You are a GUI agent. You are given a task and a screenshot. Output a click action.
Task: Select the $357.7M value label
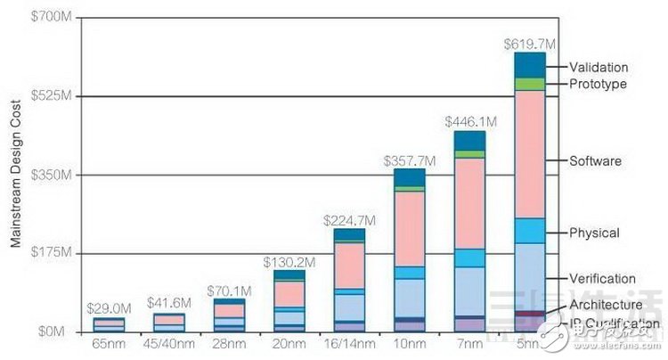click(410, 160)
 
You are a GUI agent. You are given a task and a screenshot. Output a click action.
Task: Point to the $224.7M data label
click(350, 219)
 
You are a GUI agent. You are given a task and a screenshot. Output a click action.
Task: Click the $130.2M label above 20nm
click(289, 262)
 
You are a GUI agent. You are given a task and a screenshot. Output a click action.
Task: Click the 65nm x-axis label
click(109, 343)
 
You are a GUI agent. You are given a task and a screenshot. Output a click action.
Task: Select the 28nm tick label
click(229, 343)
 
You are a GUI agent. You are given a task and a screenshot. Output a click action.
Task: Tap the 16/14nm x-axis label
click(349, 343)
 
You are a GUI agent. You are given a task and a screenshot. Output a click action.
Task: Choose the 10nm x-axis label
click(410, 343)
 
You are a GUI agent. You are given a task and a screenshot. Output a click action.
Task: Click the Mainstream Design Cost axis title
click(15, 174)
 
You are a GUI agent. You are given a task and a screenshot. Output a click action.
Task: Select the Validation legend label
click(599, 67)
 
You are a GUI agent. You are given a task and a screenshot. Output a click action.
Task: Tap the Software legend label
click(596, 161)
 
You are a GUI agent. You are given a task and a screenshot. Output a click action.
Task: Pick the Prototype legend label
click(599, 84)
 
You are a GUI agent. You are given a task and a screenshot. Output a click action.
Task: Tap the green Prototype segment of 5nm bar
click(529, 84)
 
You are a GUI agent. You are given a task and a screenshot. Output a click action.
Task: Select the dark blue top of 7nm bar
click(469, 141)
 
